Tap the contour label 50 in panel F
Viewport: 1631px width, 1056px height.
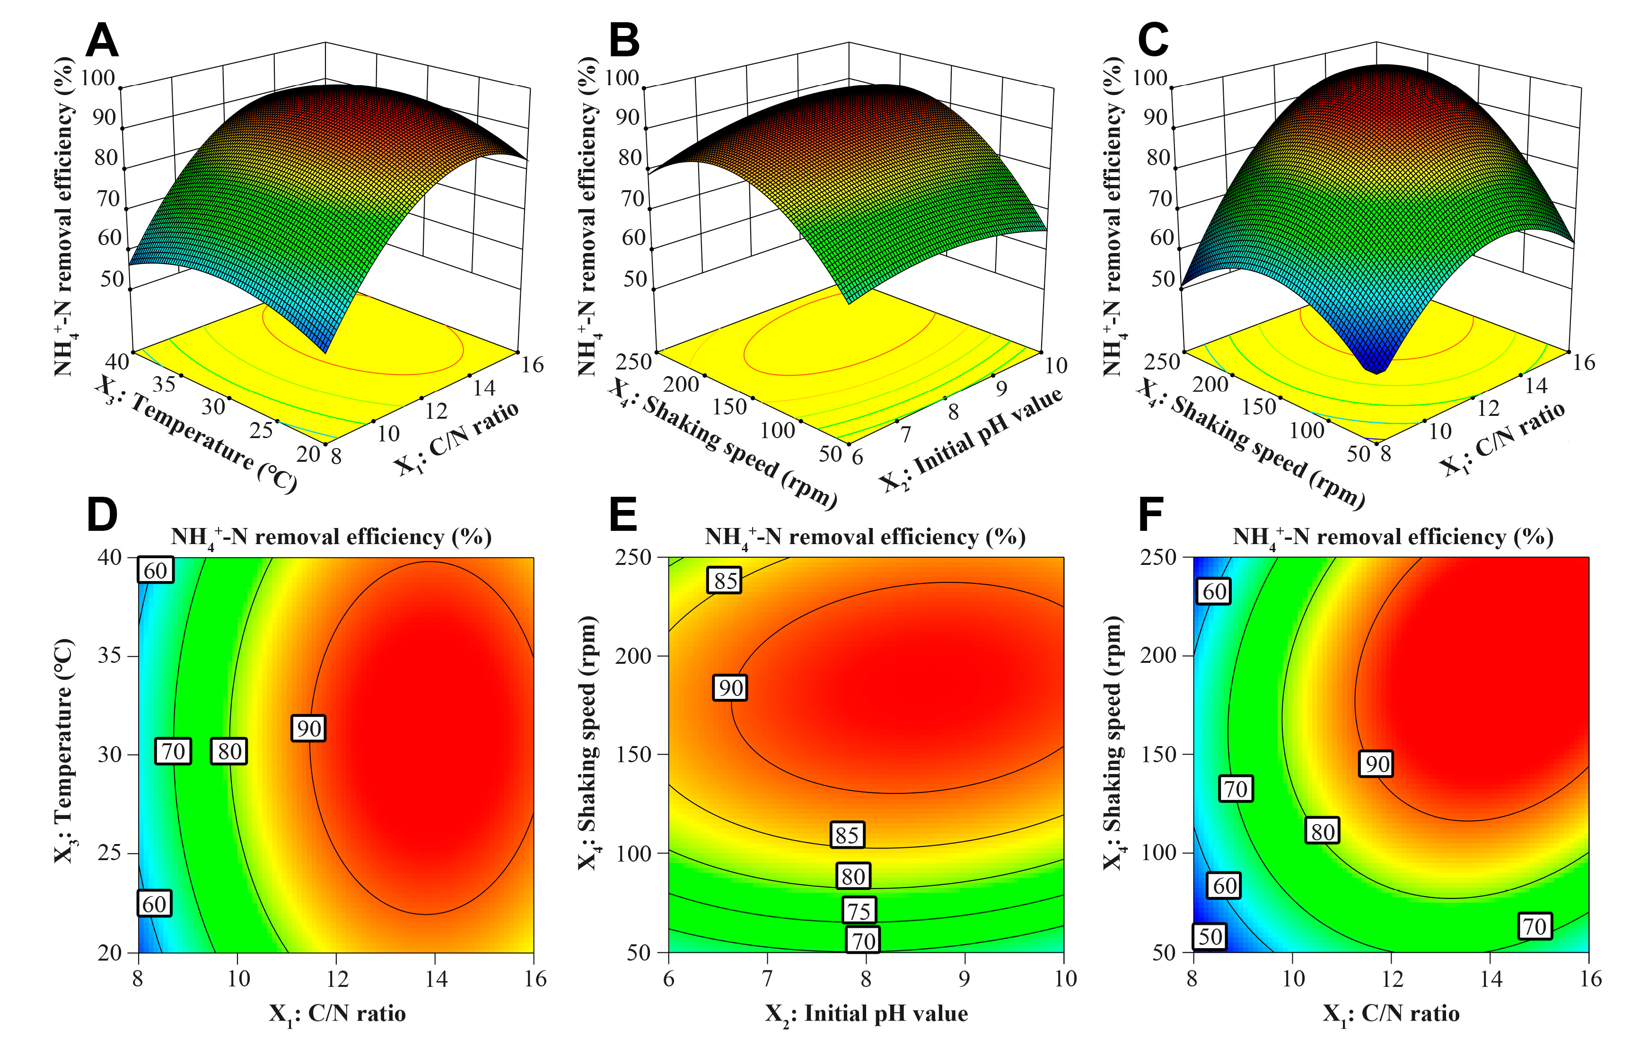pyautogui.click(x=1210, y=936)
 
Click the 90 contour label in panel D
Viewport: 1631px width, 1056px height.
pyautogui.click(x=308, y=729)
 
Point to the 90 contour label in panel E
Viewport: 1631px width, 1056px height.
pyautogui.click(x=730, y=688)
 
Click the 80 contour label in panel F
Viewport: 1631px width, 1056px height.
pyautogui.click(x=1322, y=831)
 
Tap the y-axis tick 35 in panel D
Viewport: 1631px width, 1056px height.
pyautogui.click(x=110, y=656)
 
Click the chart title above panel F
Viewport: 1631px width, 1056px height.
pyautogui.click(x=1393, y=537)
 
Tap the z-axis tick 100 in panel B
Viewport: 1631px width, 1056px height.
pyautogui.click(x=622, y=78)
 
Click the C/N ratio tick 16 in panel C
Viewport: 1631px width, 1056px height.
pyautogui.click(x=1584, y=362)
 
